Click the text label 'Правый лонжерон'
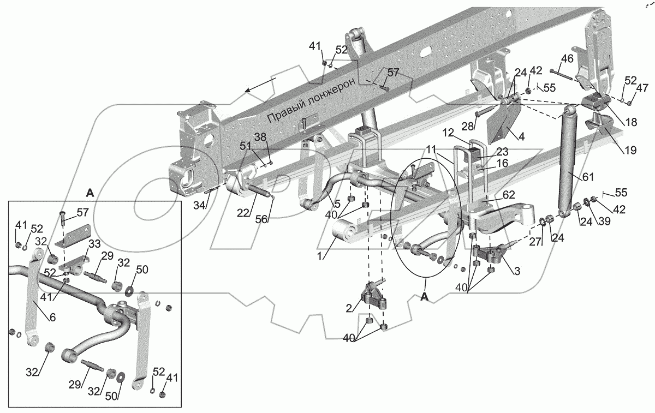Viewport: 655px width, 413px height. click(x=311, y=100)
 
